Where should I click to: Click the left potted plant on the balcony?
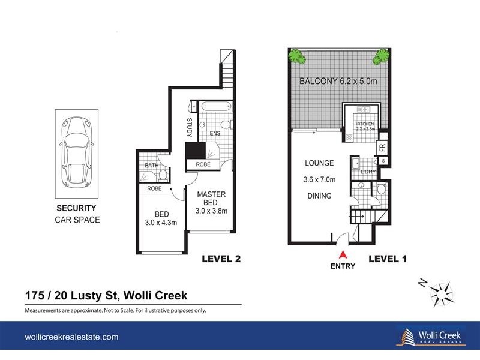(x=296, y=57)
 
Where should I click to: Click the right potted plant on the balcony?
(x=380, y=57)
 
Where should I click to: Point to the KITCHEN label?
(x=365, y=125)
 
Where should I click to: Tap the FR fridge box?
(x=382, y=147)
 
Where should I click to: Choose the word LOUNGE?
(x=319, y=163)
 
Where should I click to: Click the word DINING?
(x=319, y=196)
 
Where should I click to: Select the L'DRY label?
(x=368, y=173)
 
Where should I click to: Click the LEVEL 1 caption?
(x=388, y=259)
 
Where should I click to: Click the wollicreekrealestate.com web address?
(x=71, y=337)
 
